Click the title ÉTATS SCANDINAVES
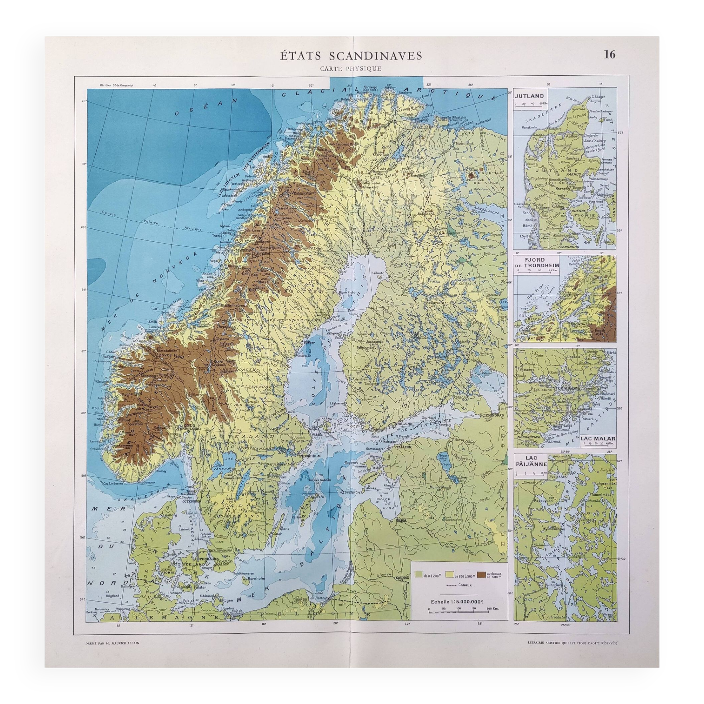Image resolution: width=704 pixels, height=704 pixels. (351, 56)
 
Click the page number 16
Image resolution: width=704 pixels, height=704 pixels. (610, 55)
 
